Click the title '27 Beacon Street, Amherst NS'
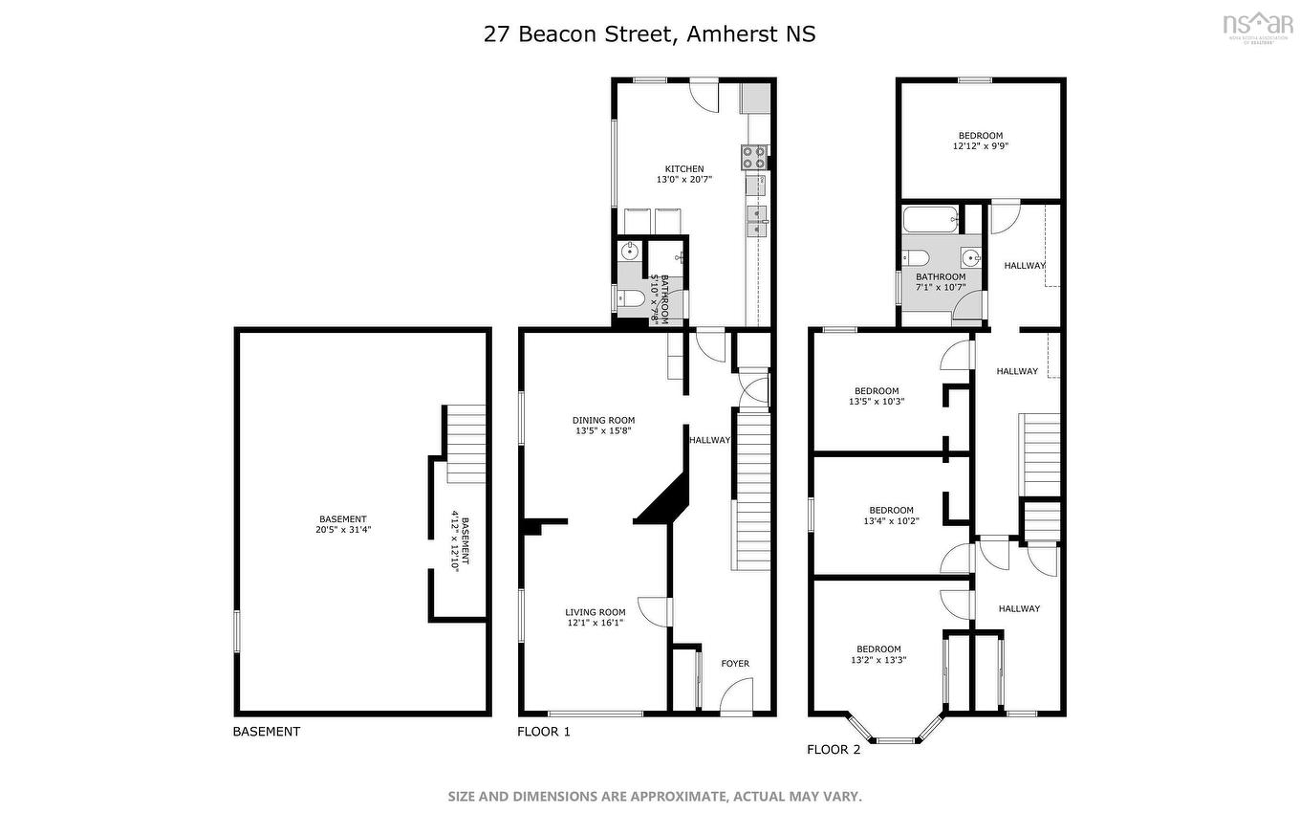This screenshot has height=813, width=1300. tap(649, 34)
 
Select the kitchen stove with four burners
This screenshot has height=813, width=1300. tap(752, 157)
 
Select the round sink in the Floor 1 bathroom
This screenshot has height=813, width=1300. tap(630, 253)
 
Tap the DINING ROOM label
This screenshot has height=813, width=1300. tap(603, 420)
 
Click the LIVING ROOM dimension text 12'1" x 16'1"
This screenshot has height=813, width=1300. tap(595, 624)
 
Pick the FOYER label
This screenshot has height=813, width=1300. tap(734, 664)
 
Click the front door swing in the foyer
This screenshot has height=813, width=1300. tap(736, 695)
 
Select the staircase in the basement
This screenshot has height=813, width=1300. tap(466, 444)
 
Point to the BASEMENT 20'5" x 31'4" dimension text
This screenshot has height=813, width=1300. tap(342, 530)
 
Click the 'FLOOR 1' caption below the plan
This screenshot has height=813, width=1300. tap(543, 732)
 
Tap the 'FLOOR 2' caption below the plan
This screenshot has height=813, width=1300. tap(834, 750)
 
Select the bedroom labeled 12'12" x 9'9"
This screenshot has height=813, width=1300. tap(980, 141)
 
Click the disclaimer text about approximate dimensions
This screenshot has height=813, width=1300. tap(655, 796)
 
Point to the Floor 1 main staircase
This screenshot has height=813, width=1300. tap(752, 488)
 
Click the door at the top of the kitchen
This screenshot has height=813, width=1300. tap(704, 96)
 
